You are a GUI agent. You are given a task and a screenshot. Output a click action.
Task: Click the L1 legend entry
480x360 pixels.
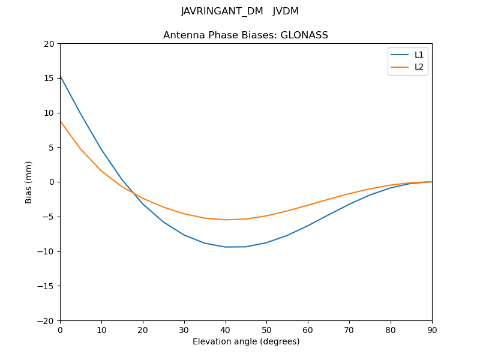click(x=419, y=55)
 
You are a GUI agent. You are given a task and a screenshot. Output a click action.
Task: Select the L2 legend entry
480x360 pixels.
click(x=419, y=67)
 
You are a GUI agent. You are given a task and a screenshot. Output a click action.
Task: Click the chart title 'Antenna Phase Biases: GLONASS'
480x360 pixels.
click(x=245, y=35)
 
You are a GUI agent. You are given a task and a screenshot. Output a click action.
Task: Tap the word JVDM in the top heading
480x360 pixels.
click(x=286, y=11)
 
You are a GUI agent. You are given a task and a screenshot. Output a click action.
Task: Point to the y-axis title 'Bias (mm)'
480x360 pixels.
click(x=29, y=182)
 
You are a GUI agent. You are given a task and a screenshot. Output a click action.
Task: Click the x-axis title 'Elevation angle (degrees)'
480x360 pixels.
click(x=246, y=341)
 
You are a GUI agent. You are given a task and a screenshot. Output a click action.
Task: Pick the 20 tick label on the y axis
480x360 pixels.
click(x=49, y=44)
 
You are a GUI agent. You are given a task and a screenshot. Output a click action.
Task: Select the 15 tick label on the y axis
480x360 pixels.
click(x=49, y=78)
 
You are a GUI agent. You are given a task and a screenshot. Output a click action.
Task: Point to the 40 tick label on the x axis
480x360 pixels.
click(x=226, y=330)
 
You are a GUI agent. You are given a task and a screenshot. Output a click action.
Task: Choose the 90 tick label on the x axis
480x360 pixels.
click(x=432, y=330)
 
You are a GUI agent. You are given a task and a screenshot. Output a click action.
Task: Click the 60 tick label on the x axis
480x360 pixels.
click(x=308, y=330)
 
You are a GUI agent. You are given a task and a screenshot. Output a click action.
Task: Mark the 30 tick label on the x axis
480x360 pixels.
click(x=184, y=330)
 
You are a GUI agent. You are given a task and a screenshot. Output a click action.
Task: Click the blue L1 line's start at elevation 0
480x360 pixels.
click(x=61, y=76)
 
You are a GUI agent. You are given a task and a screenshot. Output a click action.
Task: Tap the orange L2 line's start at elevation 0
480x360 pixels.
click(x=61, y=121)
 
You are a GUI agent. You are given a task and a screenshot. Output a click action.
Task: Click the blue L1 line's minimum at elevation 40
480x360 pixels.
click(x=226, y=247)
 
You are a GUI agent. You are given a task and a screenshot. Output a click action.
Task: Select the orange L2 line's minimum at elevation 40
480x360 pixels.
click(x=226, y=220)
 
